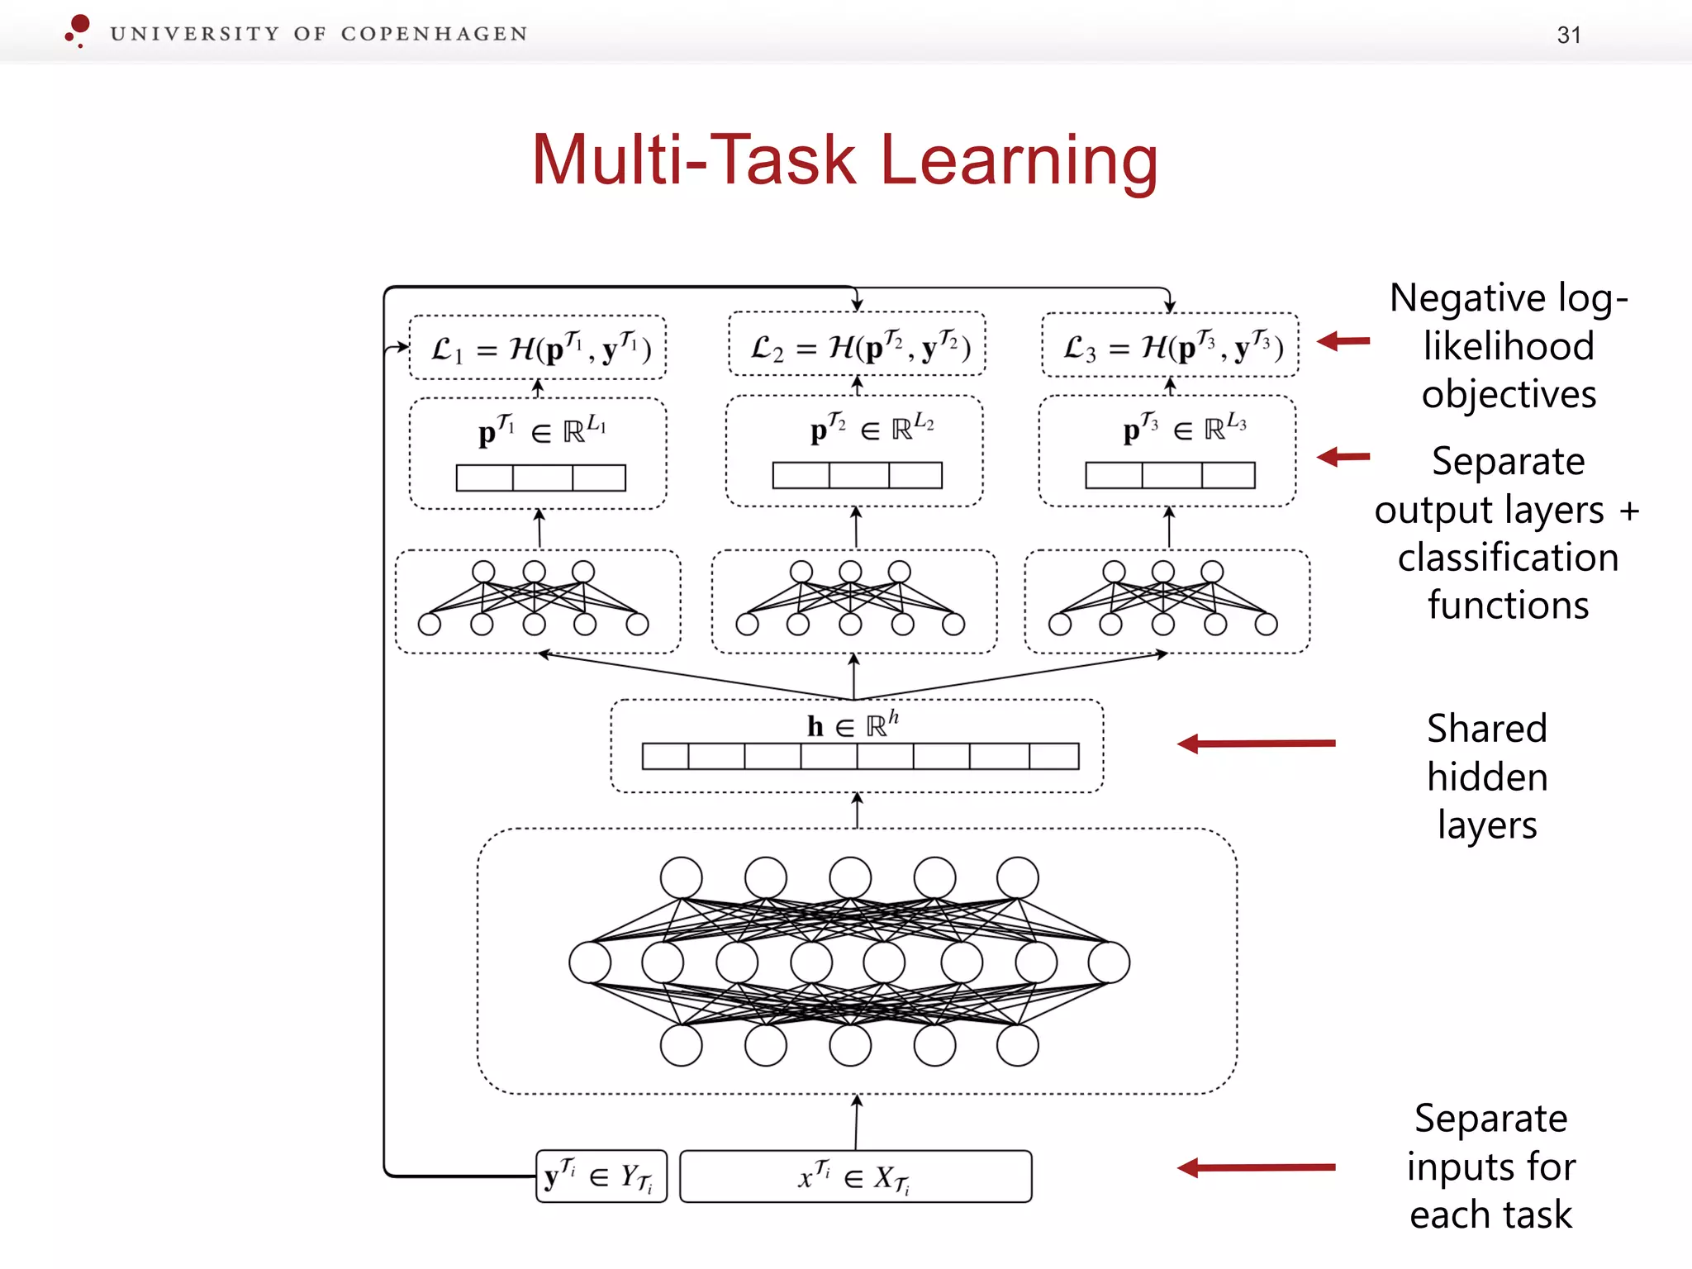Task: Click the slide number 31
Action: tap(1568, 36)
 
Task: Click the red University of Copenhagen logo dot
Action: tap(79, 25)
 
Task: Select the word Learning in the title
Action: tap(1019, 160)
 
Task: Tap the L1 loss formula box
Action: tap(538, 348)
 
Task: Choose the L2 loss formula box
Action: tap(857, 345)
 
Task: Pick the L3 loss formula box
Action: tap(1170, 345)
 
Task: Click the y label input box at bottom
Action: tap(601, 1176)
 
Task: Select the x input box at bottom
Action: tap(855, 1176)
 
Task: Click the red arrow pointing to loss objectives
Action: tap(1343, 340)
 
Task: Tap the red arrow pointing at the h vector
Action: tap(1256, 744)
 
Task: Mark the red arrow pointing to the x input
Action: tap(1256, 1167)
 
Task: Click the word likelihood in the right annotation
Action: tap(1508, 345)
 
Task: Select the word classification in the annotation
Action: tap(1508, 558)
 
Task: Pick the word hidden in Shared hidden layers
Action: tap(1487, 777)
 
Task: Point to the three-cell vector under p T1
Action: tap(540, 478)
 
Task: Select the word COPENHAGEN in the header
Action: tap(434, 34)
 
